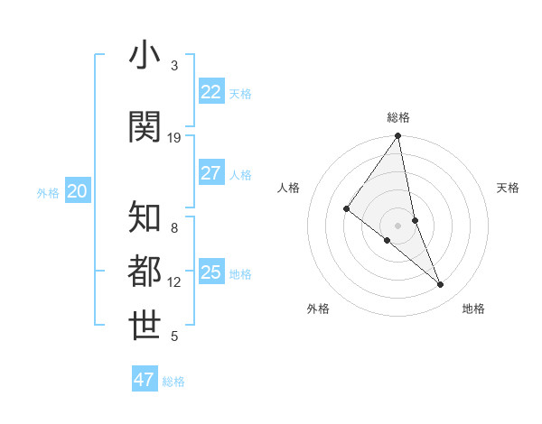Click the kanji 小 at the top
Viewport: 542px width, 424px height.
pyautogui.click(x=145, y=56)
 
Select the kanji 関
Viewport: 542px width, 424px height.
pyautogui.click(x=145, y=127)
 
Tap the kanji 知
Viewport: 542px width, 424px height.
pyautogui.click(x=145, y=217)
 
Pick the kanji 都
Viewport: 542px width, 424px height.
pyautogui.click(x=145, y=272)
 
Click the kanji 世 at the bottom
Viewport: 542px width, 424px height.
pyautogui.click(x=145, y=327)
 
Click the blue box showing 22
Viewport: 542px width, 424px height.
pyautogui.click(x=210, y=92)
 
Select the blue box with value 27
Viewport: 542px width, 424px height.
pyautogui.click(x=210, y=173)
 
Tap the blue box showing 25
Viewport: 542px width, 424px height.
pyautogui.click(x=210, y=272)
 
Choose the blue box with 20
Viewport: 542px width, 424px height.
pyautogui.click(x=78, y=191)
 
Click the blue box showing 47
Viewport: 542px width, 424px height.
pyautogui.click(x=145, y=380)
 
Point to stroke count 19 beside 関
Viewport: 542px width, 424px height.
pyautogui.click(x=174, y=137)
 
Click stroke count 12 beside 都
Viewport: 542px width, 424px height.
pyautogui.click(x=174, y=281)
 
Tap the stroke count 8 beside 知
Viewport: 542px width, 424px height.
pyautogui.click(x=174, y=227)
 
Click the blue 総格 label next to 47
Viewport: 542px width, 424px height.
pyautogui.click(x=174, y=382)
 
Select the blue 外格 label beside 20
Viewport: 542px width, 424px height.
pyautogui.click(x=48, y=193)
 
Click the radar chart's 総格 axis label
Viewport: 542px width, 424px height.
pyautogui.click(x=398, y=117)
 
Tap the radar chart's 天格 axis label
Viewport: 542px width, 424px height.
pyautogui.click(x=508, y=188)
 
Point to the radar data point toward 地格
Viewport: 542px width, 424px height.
pyautogui.click(x=441, y=284)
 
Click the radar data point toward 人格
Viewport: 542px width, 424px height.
pyautogui.click(x=346, y=209)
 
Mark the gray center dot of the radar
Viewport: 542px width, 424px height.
pyautogui.click(x=398, y=225)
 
